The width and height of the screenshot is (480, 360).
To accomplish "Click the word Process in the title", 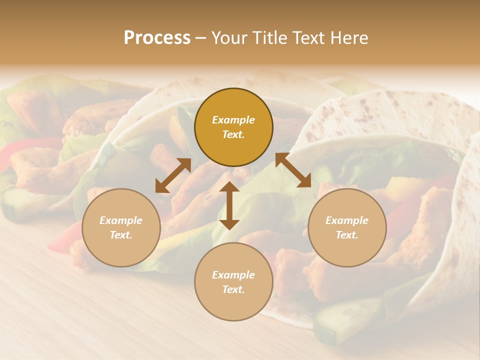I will click(157, 38).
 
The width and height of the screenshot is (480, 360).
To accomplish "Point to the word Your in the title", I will click(227, 38).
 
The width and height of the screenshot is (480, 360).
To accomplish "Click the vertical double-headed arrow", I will click(229, 205).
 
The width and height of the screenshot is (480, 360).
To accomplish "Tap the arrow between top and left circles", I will click(173, 175).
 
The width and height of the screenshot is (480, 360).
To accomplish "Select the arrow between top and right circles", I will click(293, 170).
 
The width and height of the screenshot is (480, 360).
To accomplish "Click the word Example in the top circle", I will click(233, 120).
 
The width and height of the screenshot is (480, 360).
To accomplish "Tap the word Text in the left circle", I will click(121, 235).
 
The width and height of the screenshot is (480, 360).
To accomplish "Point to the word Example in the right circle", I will click(347, 220).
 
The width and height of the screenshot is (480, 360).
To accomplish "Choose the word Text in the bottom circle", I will click(233, 289).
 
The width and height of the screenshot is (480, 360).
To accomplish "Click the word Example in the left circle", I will click(121, 220).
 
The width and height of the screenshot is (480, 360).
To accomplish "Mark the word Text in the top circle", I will click(233, 134).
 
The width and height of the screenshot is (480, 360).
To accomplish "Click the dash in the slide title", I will click(200, 38).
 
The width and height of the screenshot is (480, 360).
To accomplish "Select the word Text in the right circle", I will click(347, 235).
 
